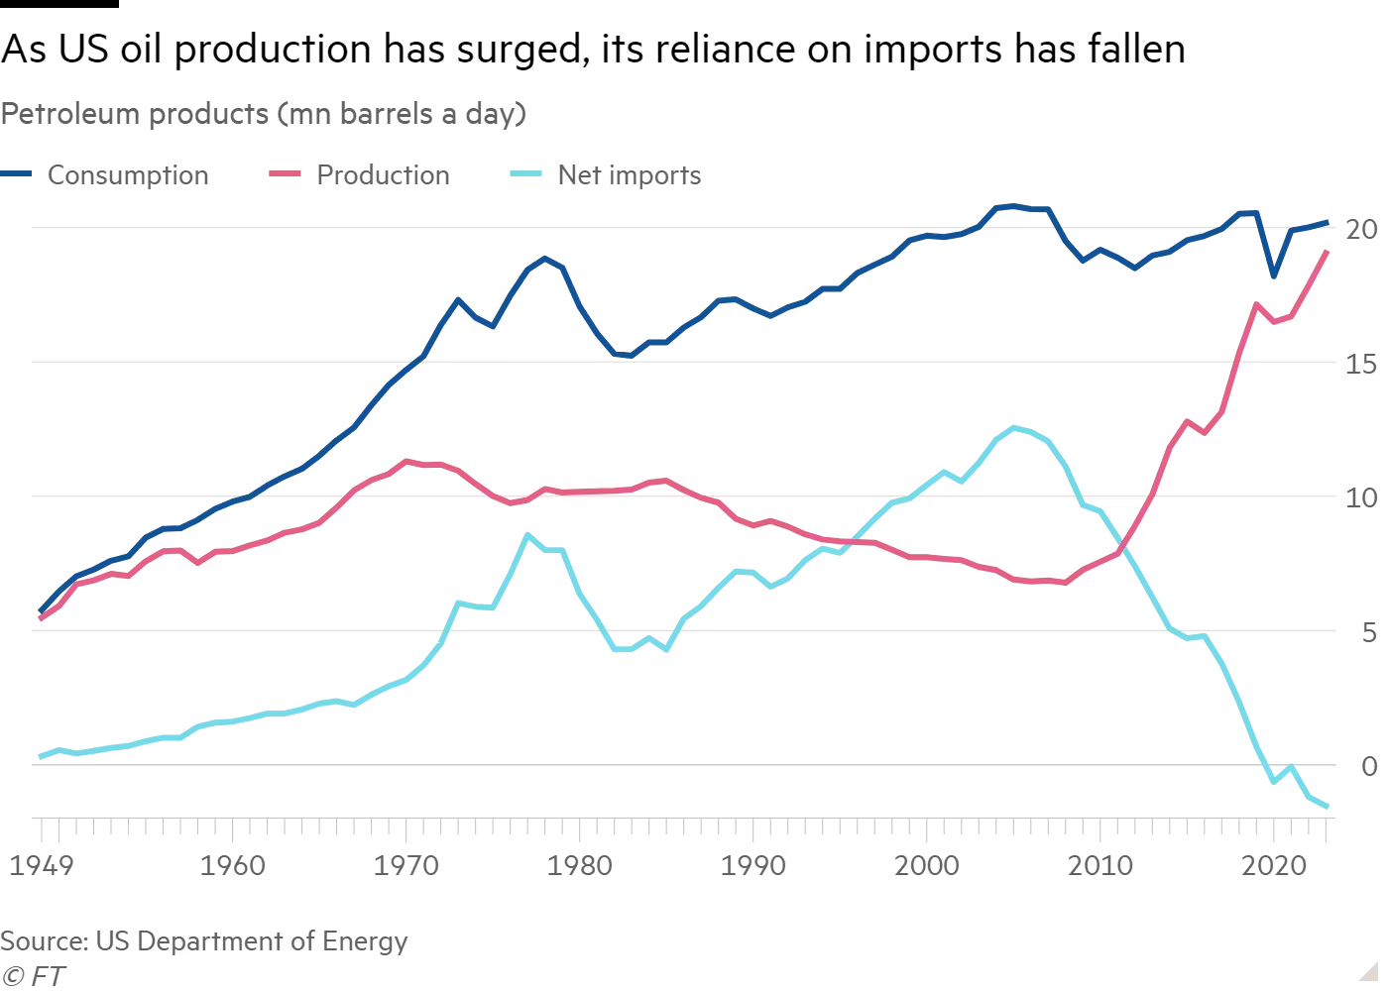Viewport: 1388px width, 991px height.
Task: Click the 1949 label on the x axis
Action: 41,866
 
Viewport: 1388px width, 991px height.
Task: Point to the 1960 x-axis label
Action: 232,866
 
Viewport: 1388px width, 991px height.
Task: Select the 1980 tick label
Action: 580,866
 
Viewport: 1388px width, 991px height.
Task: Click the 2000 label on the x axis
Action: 927,866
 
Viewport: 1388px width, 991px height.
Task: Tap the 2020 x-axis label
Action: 1275,866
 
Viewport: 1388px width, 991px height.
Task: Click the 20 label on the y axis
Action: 1362,230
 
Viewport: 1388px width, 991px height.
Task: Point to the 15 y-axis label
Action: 1362,364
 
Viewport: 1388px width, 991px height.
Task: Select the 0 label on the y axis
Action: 1369,766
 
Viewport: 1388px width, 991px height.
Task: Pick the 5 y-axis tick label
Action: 1369,632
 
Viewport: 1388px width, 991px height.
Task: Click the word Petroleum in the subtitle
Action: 69,114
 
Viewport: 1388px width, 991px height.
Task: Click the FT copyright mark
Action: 34,976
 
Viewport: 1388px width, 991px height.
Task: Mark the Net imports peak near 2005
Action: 1014,427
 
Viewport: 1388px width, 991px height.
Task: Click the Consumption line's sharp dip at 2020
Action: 1274,275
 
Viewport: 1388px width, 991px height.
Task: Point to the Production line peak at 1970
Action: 406,461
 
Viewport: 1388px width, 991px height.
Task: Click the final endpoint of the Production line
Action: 1327,252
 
